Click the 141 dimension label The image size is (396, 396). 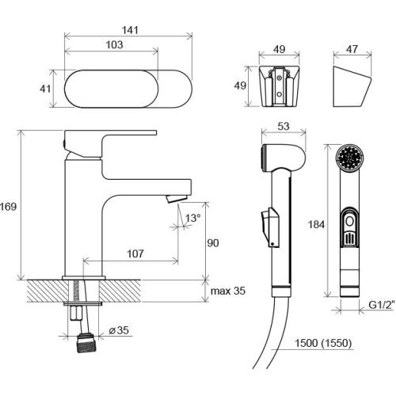(130, 30)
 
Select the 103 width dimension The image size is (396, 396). (115, 44)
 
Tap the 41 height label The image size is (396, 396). (45, 89)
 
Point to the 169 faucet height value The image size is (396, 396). (9, 207)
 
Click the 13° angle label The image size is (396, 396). (192, 218)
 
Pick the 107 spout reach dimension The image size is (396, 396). (135, 253)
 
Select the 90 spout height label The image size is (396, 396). (213, 243)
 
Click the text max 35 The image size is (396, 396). (228, 291)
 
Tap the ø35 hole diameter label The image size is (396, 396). (119, 330)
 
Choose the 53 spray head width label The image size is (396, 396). (284, 126)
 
